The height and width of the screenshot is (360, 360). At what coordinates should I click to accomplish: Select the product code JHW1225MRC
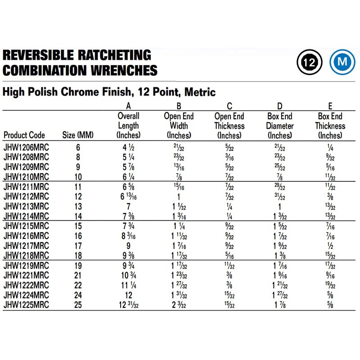tap(26, 305)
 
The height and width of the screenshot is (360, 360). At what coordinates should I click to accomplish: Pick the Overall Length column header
tap(128, 126)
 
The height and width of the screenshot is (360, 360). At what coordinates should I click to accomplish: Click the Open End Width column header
tap(179, 126)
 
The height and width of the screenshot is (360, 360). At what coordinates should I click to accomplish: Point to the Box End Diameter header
tap(280, 126)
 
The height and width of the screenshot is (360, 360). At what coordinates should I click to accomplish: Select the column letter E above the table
tap(330, 106)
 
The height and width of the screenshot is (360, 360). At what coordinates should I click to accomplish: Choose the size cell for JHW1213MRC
tap(78, 206)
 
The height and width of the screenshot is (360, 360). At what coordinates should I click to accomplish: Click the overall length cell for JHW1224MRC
tap(128, 295)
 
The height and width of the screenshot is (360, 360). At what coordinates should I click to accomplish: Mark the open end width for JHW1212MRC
tap(179, 197)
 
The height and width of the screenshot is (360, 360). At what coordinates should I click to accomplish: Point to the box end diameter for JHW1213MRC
tap(280, 206)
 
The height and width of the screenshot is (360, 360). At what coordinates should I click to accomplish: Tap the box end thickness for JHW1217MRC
tap(330, 246)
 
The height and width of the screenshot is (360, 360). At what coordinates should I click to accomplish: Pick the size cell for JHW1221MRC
tap(78, 275)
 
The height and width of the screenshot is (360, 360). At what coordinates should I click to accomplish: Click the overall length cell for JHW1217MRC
tap(128, 246)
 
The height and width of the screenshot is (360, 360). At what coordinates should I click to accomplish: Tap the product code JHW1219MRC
tap(26, 265)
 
